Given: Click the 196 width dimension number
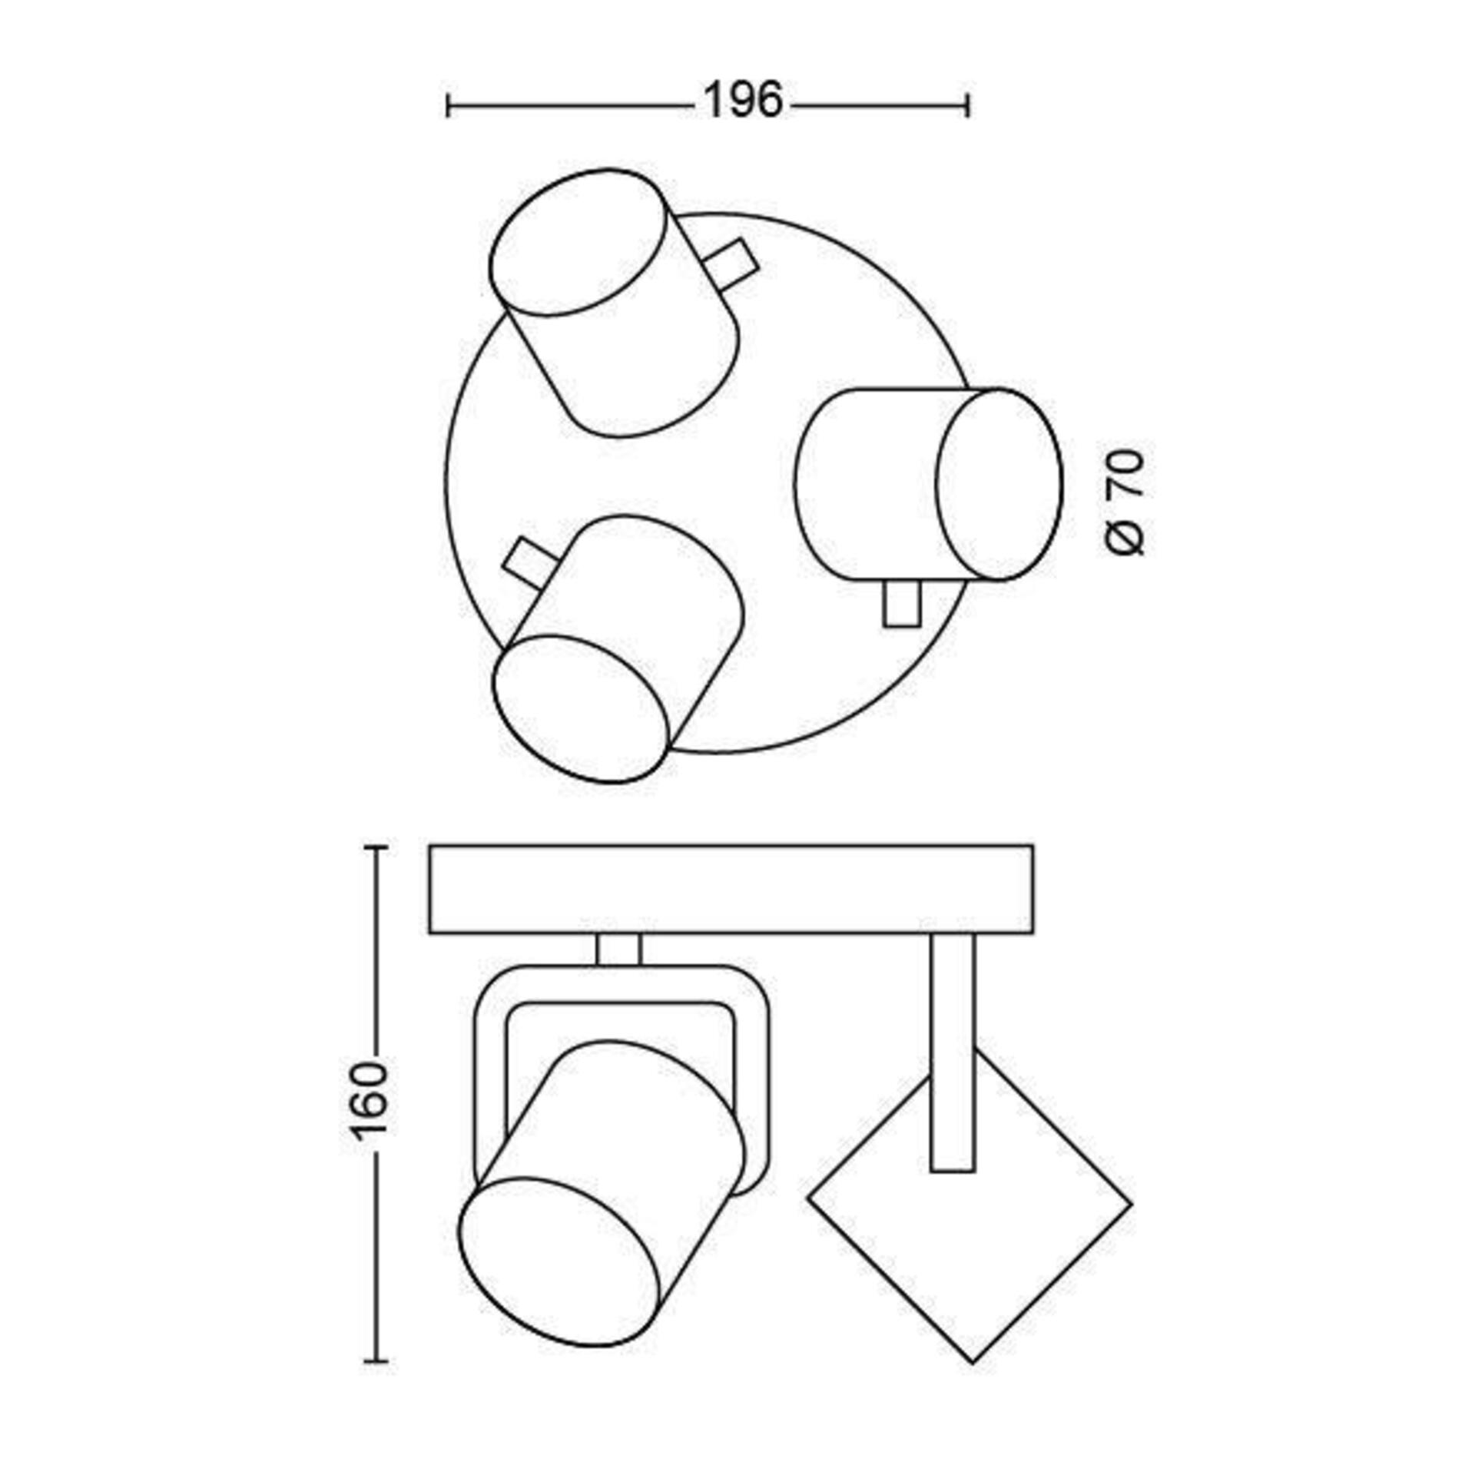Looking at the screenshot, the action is tap(742, 101).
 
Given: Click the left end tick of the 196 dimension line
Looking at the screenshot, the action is tap(448, 105).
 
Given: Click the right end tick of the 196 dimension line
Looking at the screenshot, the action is tap(969, 105).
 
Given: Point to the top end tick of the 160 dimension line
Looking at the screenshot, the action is tap(375, 847).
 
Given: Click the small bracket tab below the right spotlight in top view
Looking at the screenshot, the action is tap(902, 604).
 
